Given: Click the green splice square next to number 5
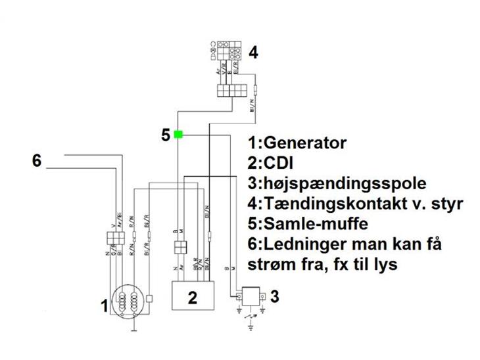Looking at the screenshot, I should click(x=178, y=135).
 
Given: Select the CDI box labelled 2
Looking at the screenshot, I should click(x=192, y=296).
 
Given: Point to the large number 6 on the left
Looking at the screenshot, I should click(x=37, y=160).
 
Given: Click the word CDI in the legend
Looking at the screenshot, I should click(x=276, y=163).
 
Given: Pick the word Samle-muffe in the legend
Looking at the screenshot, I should click(x=309, y=224).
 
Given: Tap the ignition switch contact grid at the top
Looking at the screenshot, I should click(x=228, y=50).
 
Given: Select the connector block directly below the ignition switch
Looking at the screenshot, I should click(x=232, y=90).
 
